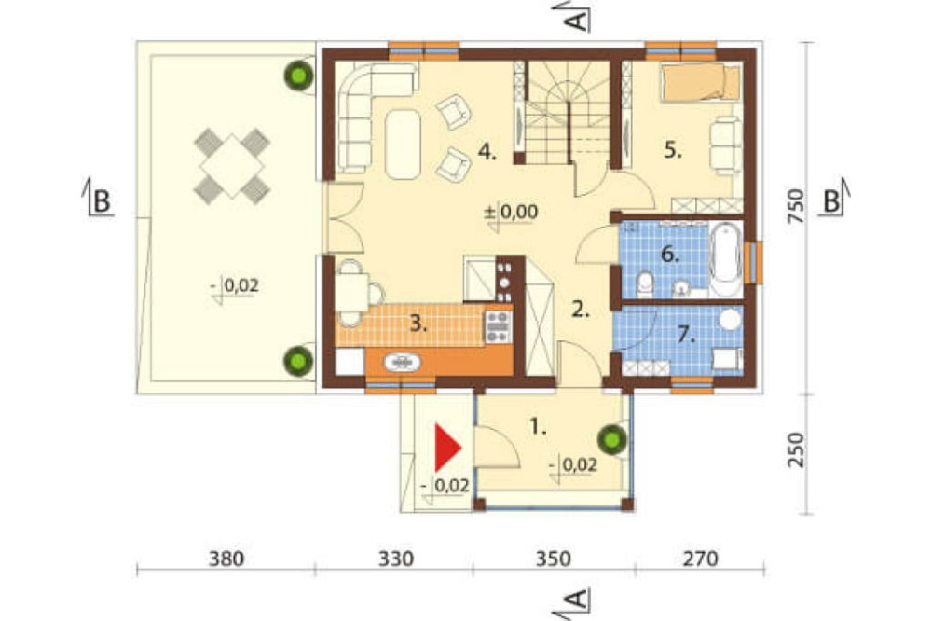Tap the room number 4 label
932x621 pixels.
pyautogui.click(x=487, y=153)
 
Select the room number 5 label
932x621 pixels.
pyautogui.click(x=672, y=150)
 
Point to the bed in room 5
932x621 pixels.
pyautogui.click(x=702, y=81)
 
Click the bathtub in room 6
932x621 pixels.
pyautogui.click(x=726, y=259)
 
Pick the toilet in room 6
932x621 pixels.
pyautogui.click(x=645, y=285)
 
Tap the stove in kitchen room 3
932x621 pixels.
pyautogui.click(x=498, y=326)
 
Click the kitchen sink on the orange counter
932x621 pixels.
pyautogui.click(x=403, y=362)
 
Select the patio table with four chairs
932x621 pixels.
pyautogui.click(x=232, y=166)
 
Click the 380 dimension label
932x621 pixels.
pyautogui.click(x=226, y=559)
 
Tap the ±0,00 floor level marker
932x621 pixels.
pyautogui.click(x=511, y=213)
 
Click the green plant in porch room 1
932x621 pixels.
pyautogui.click(x=612, y=439)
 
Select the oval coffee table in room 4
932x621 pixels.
pyautogui.click(x=403, y=144)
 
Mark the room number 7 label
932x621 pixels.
pyautogui.click(x=687, y=336)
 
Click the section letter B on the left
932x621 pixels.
pyautogui.click(x=102, y=201)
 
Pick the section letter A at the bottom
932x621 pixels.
pyautogui.click(x=577, y=600)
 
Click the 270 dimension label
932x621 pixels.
pyautogui.click(x=700, y=559)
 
